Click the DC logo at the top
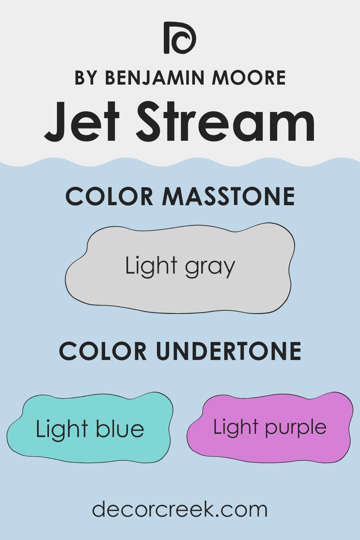pos(180,38)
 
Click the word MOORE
pos(249,78)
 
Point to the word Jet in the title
pos(82,122)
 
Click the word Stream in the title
pos(226,122)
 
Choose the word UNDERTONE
pos(229,351)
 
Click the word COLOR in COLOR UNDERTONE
pos(103,351)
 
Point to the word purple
pos(296,428)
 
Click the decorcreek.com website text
pos(180,509)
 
